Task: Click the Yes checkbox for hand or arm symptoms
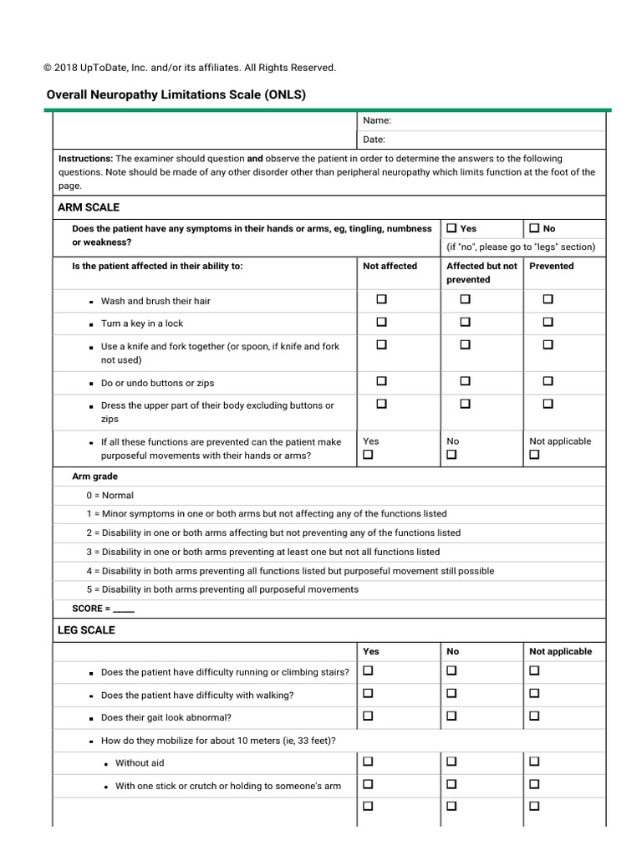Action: pos(451,228)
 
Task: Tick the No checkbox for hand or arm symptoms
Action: pos(534,228)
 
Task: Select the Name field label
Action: pos(376,121)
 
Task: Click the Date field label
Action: pos(374,140)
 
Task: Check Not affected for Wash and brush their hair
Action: pos(381,299)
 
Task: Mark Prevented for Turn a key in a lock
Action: pos(548,322)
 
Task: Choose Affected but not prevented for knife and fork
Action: pos(465,344)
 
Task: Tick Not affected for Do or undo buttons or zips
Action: pos(381,381)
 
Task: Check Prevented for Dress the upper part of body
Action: pos(548,404)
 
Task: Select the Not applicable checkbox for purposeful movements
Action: pos(534,455)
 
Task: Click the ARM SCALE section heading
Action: pos(89,207)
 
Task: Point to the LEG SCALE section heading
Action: pos(87,629)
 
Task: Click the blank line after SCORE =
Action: pos(124,609)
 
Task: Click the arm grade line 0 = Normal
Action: pos(110,495)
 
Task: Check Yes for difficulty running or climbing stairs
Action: pos(368,670)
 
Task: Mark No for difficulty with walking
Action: pos(451,694)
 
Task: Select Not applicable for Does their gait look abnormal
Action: pos(534,716)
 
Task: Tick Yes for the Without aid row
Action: pos(368,762)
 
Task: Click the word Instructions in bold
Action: pos(85,158)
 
